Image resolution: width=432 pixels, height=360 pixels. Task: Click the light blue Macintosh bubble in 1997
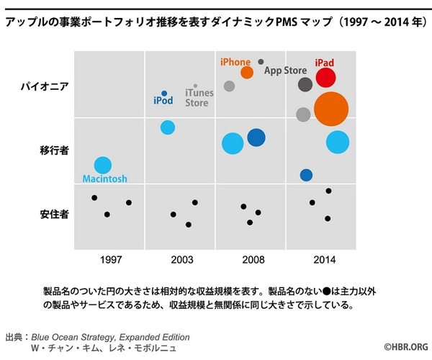pos(103,165)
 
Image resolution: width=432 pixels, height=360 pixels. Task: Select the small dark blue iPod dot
pos(164,94)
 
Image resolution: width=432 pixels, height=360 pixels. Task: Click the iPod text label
pos(163,102)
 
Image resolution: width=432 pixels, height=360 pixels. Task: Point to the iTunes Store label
pos(197,98)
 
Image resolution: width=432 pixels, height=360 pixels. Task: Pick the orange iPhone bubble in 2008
pos(247,72)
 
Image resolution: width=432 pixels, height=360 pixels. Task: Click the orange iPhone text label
pos(235,63)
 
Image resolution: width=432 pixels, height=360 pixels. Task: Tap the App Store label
pos(286,71)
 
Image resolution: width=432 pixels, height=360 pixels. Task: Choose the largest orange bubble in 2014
pos(331,109)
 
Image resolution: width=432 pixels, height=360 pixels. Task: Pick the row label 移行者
pos(55,151)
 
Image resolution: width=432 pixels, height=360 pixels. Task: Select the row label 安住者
pos(55,215)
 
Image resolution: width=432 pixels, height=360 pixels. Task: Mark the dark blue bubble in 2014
pos(306,175)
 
